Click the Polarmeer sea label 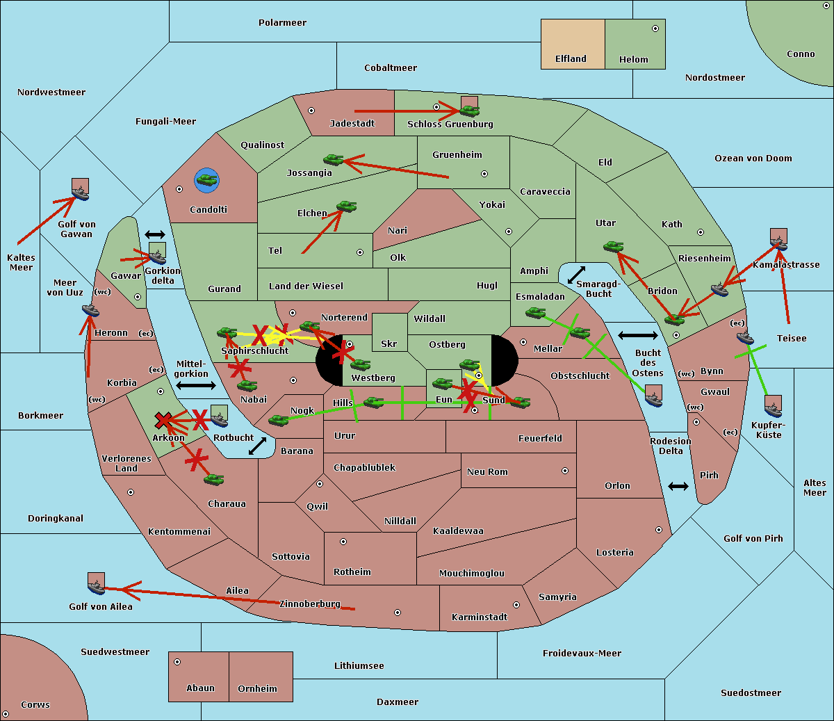[x=282, y=23]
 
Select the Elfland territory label [x=571, y=59]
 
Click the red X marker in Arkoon [x=163, y=420]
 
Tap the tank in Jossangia [x=334, y=160]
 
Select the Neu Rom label [x=487, y=471]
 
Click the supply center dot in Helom [x=655, y=29]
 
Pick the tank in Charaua [x=213, y=480]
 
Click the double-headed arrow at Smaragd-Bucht [x=576, y=275]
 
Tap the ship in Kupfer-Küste [x=773, y=410]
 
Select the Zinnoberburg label [x=310, y=604]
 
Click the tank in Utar [x=613, y=247]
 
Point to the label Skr [x=389, y=343]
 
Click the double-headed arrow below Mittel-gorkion [x=196, y=386]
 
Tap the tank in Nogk [x=279, y=420]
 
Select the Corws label [x=35, y=704]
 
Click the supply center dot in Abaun [x=177, y=662]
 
